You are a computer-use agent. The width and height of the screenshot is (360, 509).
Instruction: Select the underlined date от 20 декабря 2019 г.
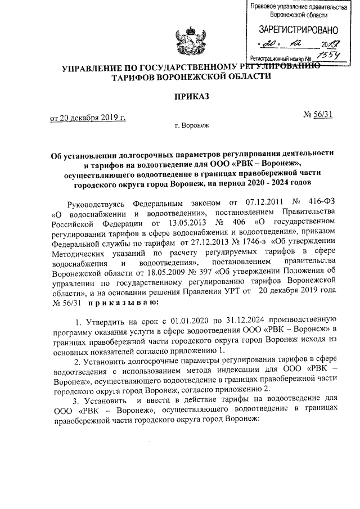pyautogui.click(x=87, y=118)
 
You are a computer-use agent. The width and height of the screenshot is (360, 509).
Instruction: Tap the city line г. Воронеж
pyautogui.click(x=191, y=126)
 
